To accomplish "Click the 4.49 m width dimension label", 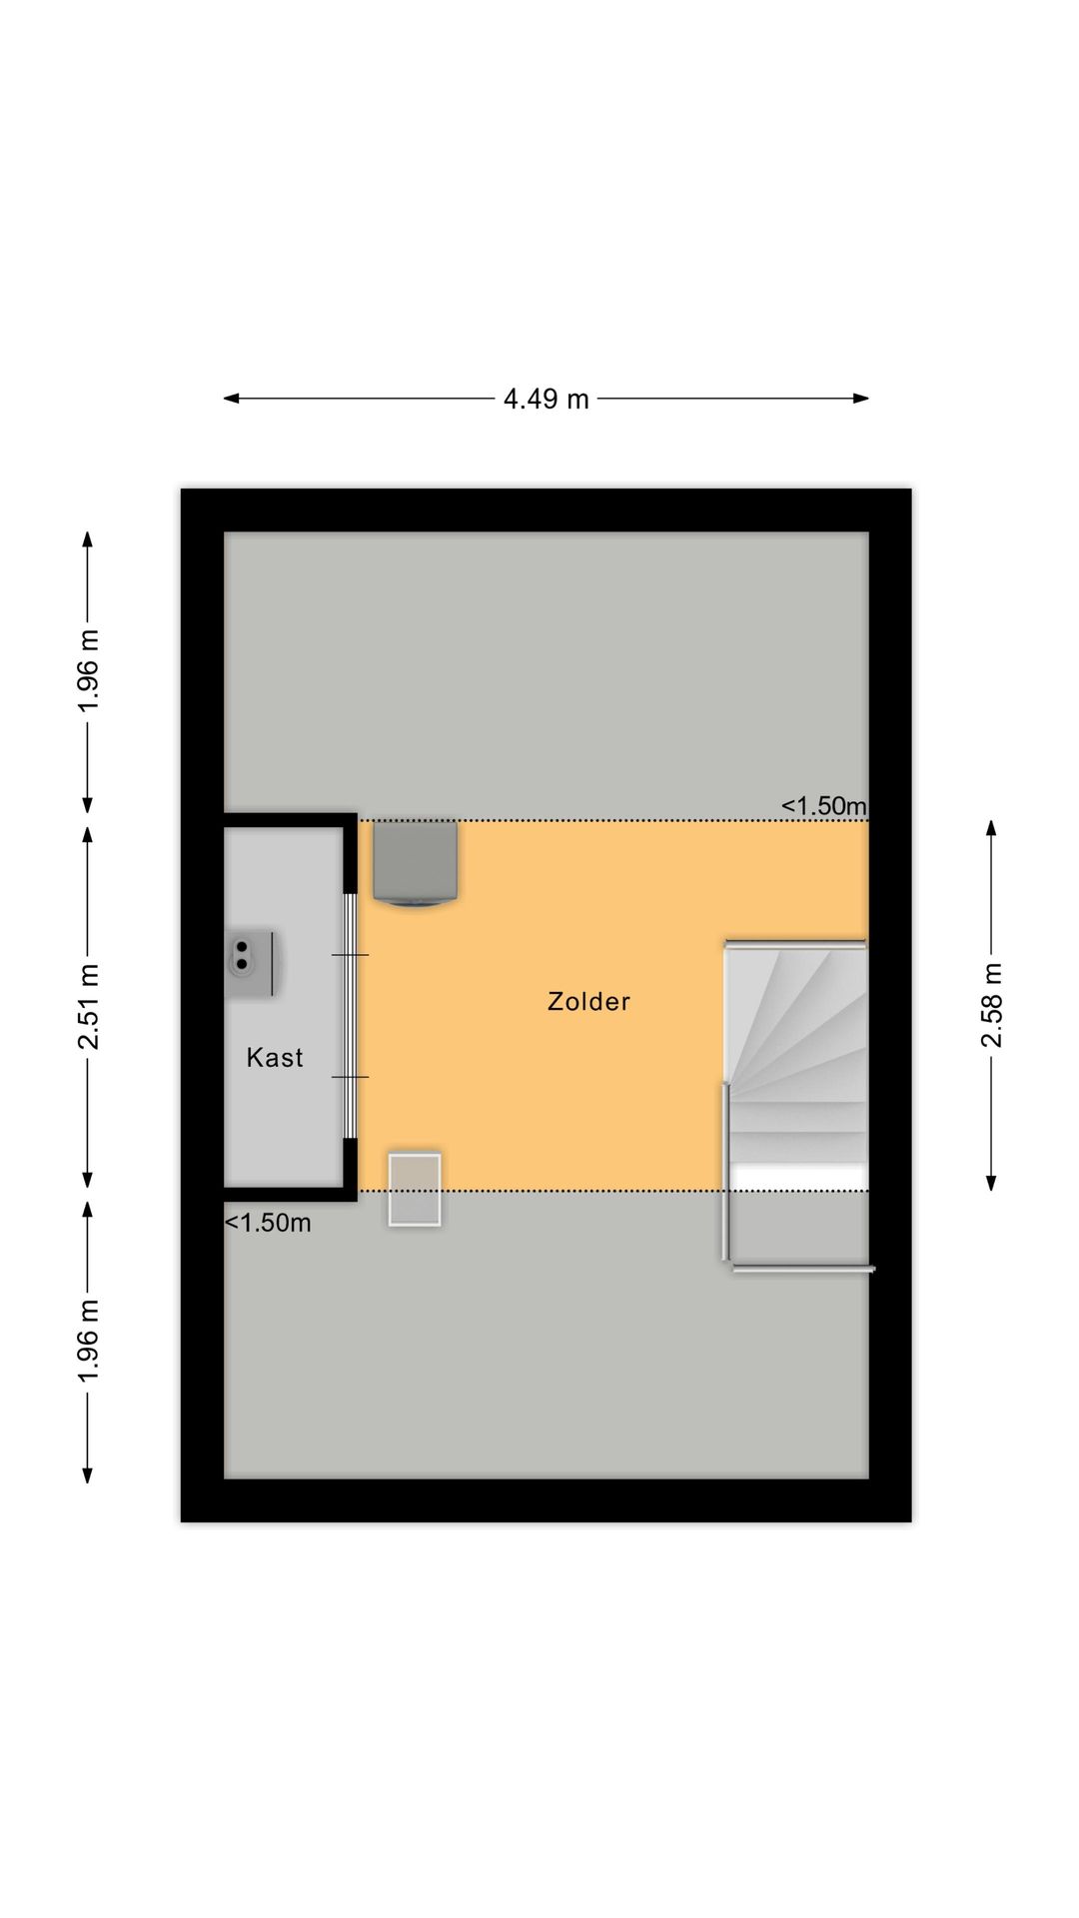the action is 545,399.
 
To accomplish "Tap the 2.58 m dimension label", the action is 991,1005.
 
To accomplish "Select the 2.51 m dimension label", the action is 88,1007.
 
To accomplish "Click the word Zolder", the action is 588,1001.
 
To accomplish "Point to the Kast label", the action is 275,1057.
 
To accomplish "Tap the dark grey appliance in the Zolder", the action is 416,863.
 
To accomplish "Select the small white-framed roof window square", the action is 415,1189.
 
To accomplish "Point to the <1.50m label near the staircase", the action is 824,805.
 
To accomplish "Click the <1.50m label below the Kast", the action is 268,1223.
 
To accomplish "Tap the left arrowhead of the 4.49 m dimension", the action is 231,399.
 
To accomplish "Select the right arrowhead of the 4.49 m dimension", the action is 861,399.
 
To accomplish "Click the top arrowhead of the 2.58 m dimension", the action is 991,828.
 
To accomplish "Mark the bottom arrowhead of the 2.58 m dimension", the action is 991,1183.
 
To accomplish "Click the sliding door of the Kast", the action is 350,1015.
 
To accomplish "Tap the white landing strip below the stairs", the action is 798,1178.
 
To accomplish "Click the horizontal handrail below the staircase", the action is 803,1269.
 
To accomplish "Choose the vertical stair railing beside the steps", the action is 726,1171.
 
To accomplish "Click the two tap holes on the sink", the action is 242,955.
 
